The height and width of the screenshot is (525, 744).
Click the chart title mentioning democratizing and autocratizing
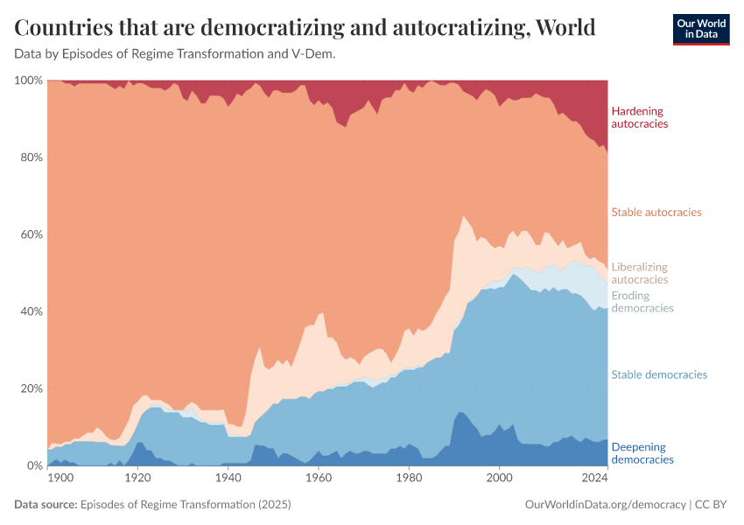click(305, 28)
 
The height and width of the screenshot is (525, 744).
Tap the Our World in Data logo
click(701, 28)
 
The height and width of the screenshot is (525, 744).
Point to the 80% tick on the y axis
click(30, 157)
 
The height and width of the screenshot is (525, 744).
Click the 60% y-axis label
click(30, 234)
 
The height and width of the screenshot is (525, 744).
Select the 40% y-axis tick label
click(30, 311)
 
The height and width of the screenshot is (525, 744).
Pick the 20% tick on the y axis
click(30, 388)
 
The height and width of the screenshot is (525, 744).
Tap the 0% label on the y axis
click(33, 465)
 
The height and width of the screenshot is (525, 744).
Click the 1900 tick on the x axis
click(61, 479)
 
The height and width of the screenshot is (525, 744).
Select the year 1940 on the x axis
click(228, 479)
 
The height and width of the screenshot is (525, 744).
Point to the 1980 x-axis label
click(408, 479)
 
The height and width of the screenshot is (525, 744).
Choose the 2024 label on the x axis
click(593, 479)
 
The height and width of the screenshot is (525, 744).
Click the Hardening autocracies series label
click(639, 117)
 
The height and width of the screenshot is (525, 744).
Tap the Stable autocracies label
click(656, 212)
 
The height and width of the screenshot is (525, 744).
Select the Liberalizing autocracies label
click(639, 273)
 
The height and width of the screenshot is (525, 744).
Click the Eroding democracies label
click(642, 302)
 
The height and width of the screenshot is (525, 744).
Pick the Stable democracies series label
click(659, 374)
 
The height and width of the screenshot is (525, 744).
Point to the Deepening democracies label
click(642, 452)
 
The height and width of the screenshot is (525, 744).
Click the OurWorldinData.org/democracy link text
click(605, 505)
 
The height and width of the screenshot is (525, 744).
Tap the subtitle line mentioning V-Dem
click(175, 54)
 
